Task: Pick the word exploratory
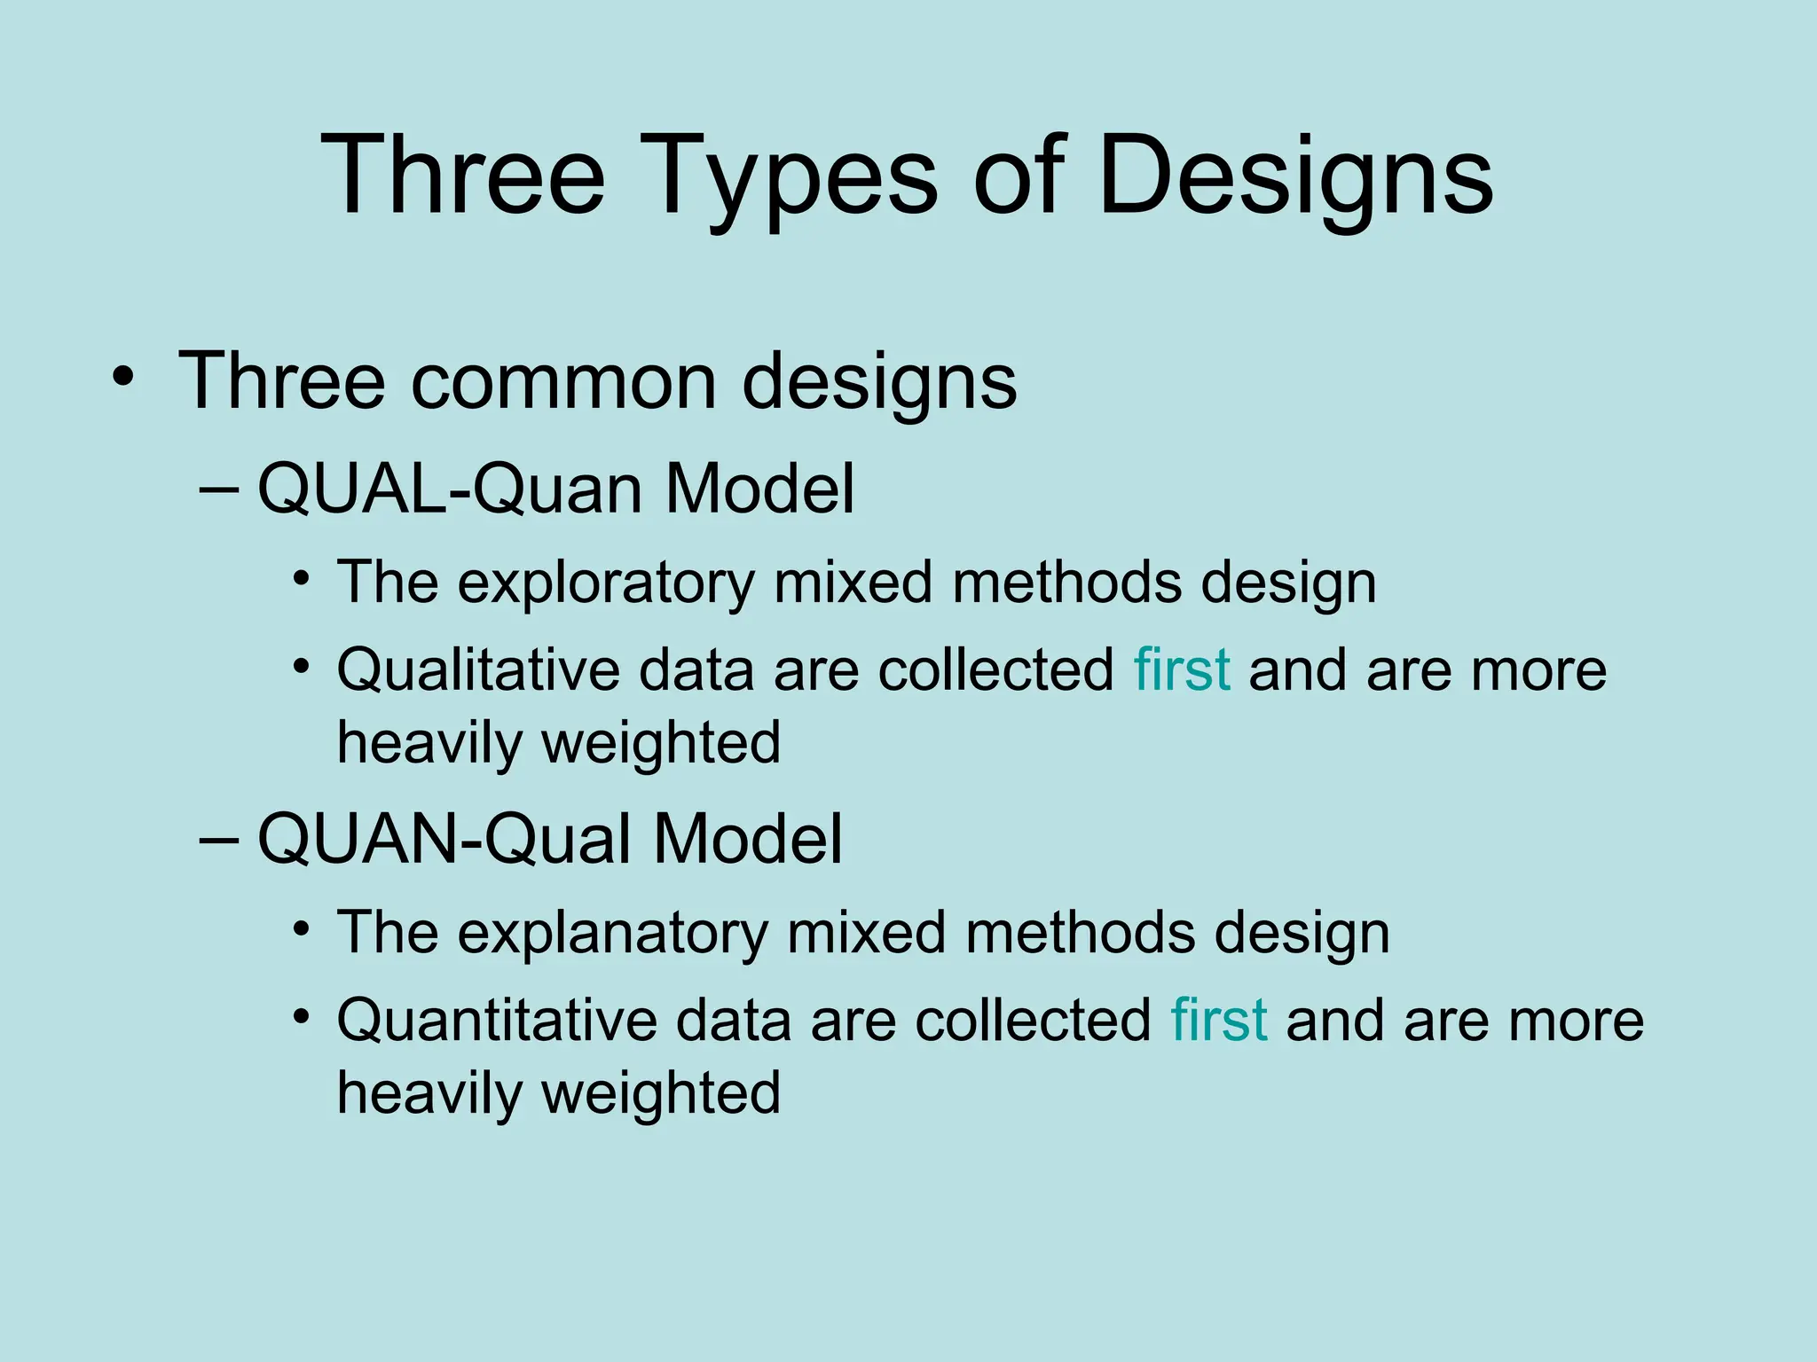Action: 606,583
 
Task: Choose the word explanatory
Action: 612,933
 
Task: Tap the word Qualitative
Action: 477,669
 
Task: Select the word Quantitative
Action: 496,1020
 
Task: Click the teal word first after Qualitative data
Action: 1182,669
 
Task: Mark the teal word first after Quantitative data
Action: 1219,1020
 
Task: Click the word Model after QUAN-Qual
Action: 747,839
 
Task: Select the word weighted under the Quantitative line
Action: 661,1092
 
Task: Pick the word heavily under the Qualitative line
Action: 429,743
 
